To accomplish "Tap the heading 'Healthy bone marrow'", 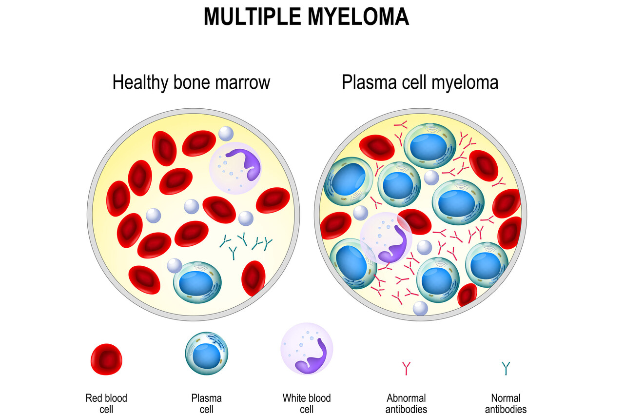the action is (191, 82).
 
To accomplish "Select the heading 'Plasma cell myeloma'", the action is (420, 82).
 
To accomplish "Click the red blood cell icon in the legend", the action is (106, 359).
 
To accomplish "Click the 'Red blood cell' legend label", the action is (106, 403).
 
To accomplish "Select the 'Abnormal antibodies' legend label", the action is (406, 403).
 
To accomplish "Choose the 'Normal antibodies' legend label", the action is (506, 403).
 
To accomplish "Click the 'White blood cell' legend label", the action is (307, 403).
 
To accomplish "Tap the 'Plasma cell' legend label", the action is (207, 403).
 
